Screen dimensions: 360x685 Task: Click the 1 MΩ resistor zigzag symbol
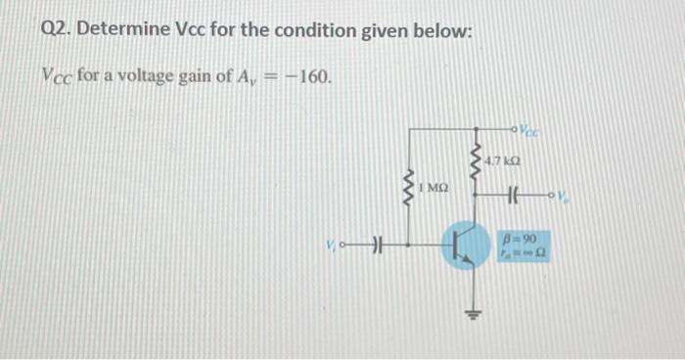pyautogui.click(x=410, y=184)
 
